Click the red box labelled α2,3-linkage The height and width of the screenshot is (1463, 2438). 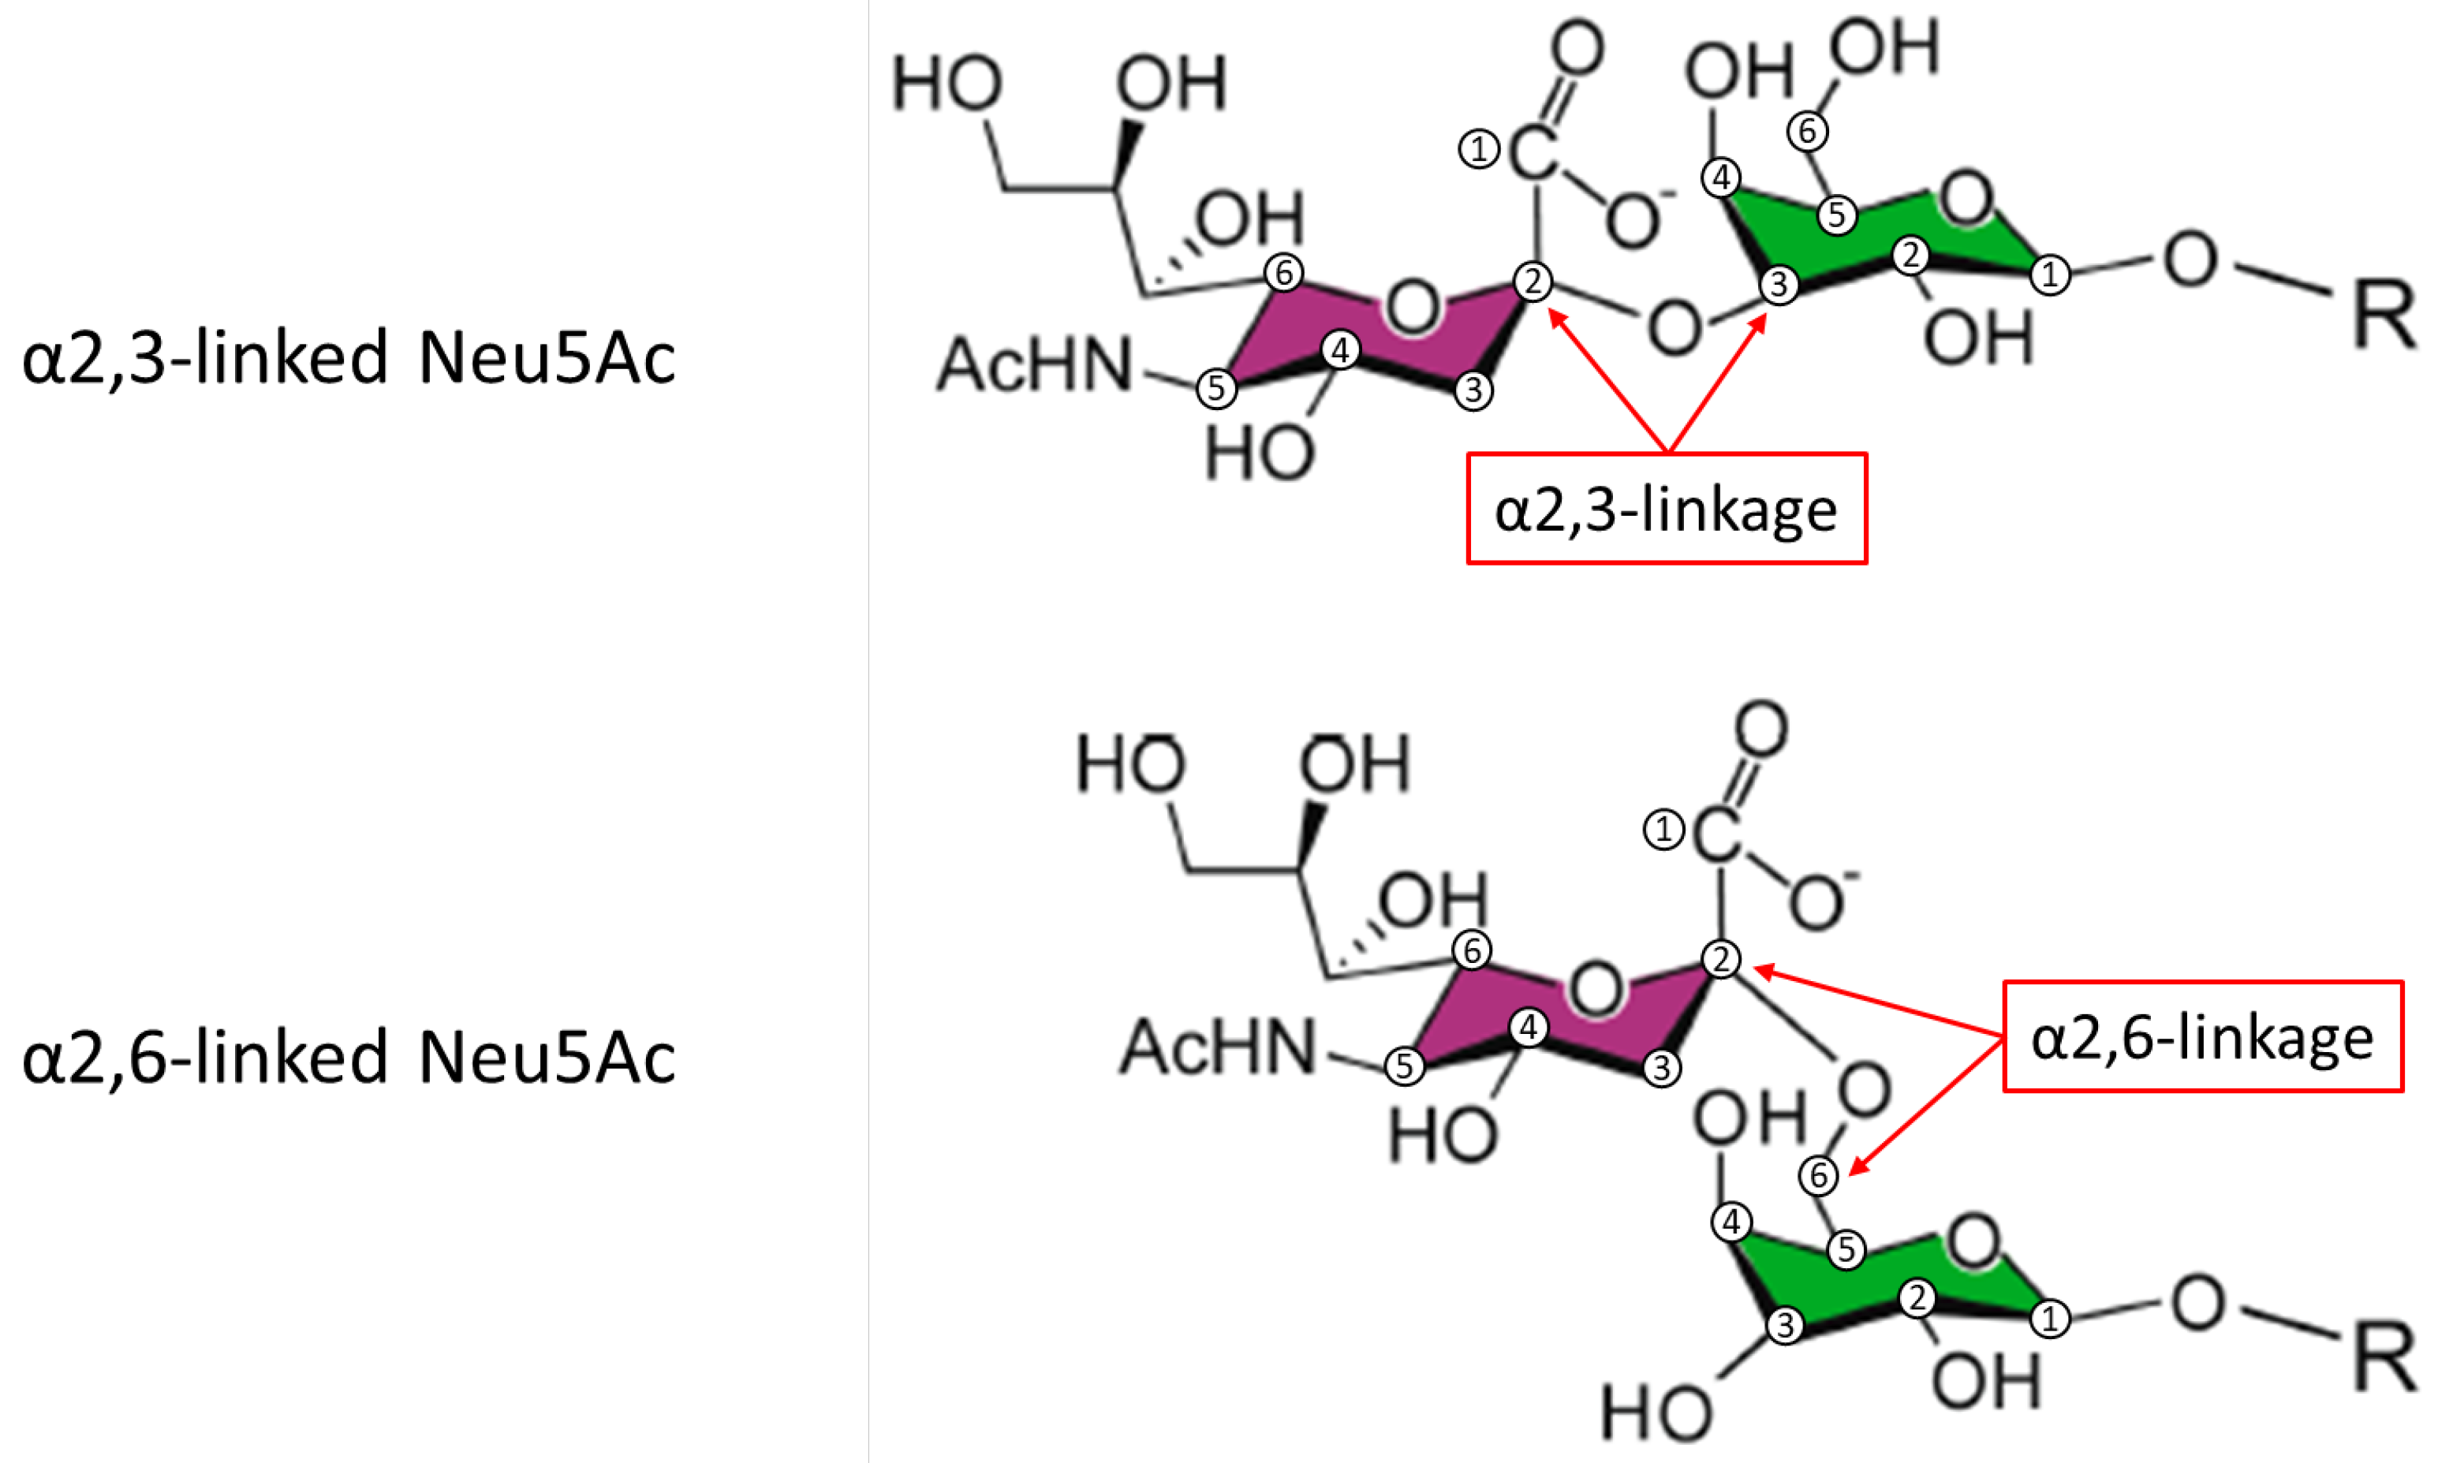[x=1666, y=509]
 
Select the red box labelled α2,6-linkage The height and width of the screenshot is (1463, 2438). [x=2202, y=1036]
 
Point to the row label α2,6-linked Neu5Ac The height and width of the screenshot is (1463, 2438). [x=348, y=1056]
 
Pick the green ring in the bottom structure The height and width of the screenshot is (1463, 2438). [x=1873, y=1282]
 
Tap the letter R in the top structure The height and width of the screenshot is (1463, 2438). [x=2384, y=315]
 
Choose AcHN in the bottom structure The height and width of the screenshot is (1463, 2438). [x=1218, y=1047]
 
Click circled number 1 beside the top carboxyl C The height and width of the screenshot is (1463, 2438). [x=1478, y=150]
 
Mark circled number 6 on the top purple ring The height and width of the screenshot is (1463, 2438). [x=1283, y=272]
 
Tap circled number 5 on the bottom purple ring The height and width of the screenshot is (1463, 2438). [x=1404, y=1066]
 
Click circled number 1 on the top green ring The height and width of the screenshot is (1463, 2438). [x=2051, y=274]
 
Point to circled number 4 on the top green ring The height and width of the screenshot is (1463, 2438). [x=1721, y=178]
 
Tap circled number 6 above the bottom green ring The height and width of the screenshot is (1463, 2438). [x=1818, y=1175]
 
